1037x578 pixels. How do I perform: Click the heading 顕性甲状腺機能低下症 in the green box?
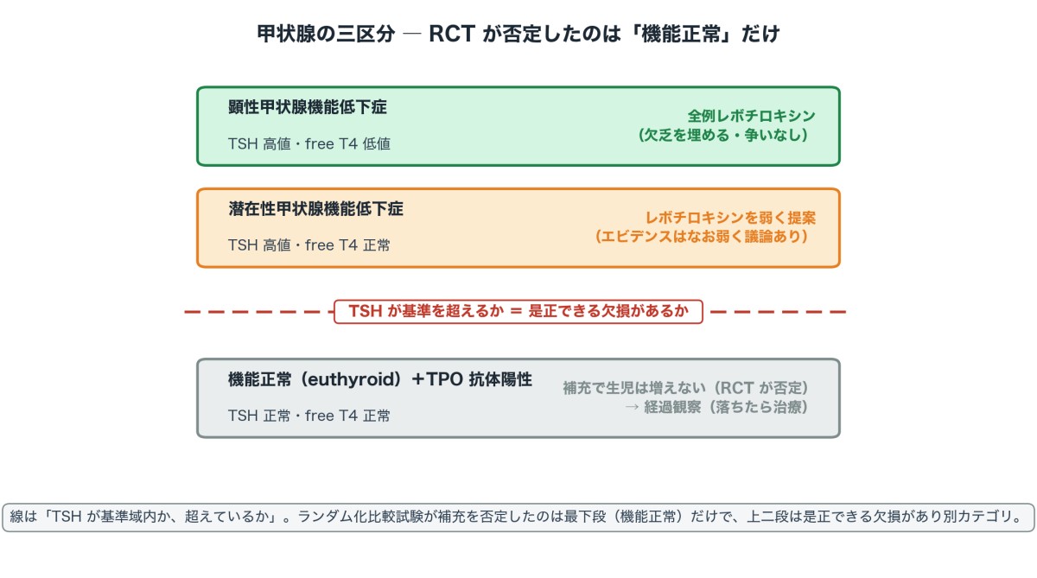pos(308,107)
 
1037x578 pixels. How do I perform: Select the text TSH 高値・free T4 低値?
pos(309,144)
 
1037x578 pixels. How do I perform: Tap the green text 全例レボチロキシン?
pos(751,116)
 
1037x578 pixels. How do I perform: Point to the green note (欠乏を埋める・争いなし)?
pos(723,135)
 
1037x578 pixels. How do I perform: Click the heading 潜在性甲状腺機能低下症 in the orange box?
pos(315,209)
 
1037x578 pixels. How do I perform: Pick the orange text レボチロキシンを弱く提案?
pos(730,218)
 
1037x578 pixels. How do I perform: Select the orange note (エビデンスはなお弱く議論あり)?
pos(702,237)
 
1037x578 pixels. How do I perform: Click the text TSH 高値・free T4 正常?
pos(309,245)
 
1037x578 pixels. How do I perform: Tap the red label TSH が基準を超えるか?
pos(426,311)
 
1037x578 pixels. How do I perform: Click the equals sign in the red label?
pos(516,311)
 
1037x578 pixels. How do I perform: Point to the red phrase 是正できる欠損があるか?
pos(608,311)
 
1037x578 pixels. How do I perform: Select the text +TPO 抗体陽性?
pos(472,379)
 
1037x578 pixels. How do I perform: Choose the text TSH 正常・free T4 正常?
pos(309,416)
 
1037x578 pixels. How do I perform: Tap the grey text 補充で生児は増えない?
pos(634,388)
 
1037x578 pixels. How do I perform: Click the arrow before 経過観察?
pos(632,407)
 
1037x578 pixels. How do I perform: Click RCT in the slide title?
pos(452,34)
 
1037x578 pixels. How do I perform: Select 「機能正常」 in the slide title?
pos(681,34)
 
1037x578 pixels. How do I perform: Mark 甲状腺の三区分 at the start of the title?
pos(326,34)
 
